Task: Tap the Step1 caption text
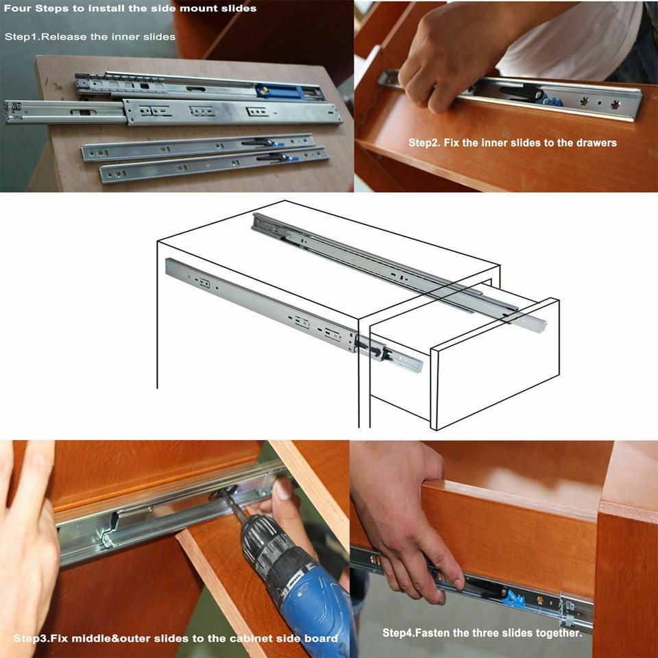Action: point(90,36)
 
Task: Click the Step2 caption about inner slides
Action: point(512,143)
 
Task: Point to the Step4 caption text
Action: point(482,633)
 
